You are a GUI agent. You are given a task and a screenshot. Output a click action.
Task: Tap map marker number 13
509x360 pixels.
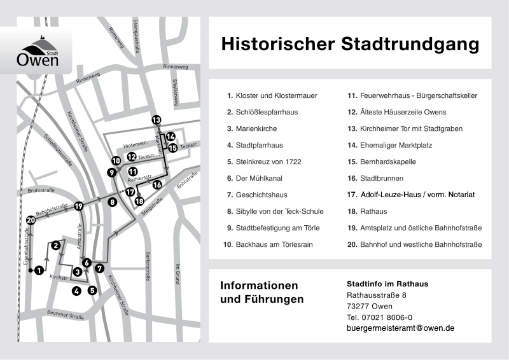[x=157, y=120]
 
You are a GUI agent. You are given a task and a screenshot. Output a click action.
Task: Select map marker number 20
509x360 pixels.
[x=31, y=220]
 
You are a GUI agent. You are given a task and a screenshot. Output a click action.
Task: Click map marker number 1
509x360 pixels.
[x=39, y=270]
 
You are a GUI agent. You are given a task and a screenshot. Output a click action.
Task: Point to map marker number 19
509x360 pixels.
[x=79, y=206]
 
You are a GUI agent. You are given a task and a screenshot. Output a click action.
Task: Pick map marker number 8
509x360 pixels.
[x=112, y=202]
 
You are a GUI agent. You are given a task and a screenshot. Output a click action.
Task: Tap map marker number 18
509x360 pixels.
[x=139, y=202]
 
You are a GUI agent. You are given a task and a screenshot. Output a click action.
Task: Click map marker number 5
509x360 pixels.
[x=92, y=291]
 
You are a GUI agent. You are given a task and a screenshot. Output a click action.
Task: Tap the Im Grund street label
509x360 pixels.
[x=179, y=273]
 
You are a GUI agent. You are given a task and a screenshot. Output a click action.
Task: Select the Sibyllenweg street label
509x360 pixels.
[x=175, y=92]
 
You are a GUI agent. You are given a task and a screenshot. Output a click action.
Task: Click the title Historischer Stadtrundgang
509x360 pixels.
[x=349, y=44]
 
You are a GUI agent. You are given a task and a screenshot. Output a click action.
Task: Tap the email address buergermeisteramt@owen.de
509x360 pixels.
[x=400, y=328]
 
